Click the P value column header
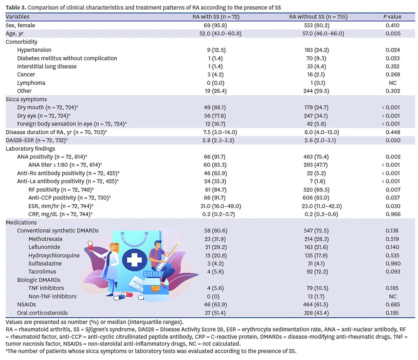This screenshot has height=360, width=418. click(392, 17)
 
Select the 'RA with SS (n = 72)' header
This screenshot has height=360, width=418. click(216, 17)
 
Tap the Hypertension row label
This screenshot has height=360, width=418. click(34, 50)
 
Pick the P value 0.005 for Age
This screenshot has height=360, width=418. click(393, 34)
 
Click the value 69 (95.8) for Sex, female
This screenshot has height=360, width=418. click(215, 26)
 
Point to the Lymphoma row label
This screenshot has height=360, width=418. click(31, 83)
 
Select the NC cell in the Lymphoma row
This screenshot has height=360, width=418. click(392, 83)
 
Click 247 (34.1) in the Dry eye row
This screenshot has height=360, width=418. click(316, 116)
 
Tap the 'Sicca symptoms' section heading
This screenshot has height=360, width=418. click(26, 100)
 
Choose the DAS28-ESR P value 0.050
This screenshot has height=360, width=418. click(393, 140)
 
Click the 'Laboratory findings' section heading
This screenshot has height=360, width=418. click(30, 149)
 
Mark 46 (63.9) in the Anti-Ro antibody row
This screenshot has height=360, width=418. click(215, 174)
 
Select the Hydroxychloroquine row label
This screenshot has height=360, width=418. click(54, 255)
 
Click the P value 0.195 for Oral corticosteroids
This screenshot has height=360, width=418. click(392, 313)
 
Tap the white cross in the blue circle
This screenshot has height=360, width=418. click(134, 260)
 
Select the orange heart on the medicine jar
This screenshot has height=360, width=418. click(155, 289)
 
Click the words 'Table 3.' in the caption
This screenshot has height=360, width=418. click(16, 7)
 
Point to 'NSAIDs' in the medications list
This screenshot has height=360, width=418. click(26, 305)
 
